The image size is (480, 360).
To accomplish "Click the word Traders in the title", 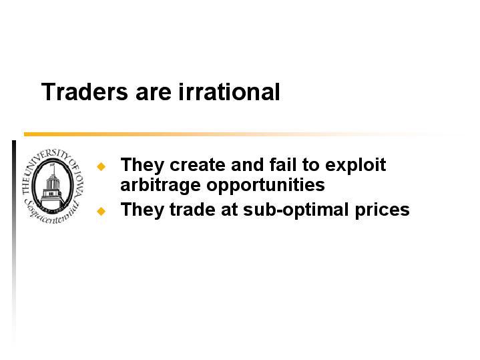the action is (x=85, y=92).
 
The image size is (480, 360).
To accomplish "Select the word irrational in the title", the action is (x=229, y=92).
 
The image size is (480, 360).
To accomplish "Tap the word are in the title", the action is (x=154, y=94).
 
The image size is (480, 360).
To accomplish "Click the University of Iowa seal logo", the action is (x=53, y=186).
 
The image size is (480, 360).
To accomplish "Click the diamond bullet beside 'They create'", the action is (x=101, y=166).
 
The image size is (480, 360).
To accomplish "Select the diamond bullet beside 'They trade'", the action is (x=101, y=211).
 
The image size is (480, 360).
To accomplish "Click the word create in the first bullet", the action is (x=198, y=165).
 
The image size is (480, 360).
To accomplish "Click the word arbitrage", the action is (x=161, y=186).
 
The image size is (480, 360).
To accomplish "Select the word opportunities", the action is (x=266, y=186).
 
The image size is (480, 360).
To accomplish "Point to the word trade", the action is (x=192, y=210).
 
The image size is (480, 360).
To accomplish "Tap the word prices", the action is (x=383, y=212).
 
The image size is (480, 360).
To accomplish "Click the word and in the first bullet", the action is (x=248, y=165).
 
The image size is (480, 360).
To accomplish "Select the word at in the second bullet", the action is (x=229, y=210).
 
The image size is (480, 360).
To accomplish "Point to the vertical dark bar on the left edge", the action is (x=14, y=242).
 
